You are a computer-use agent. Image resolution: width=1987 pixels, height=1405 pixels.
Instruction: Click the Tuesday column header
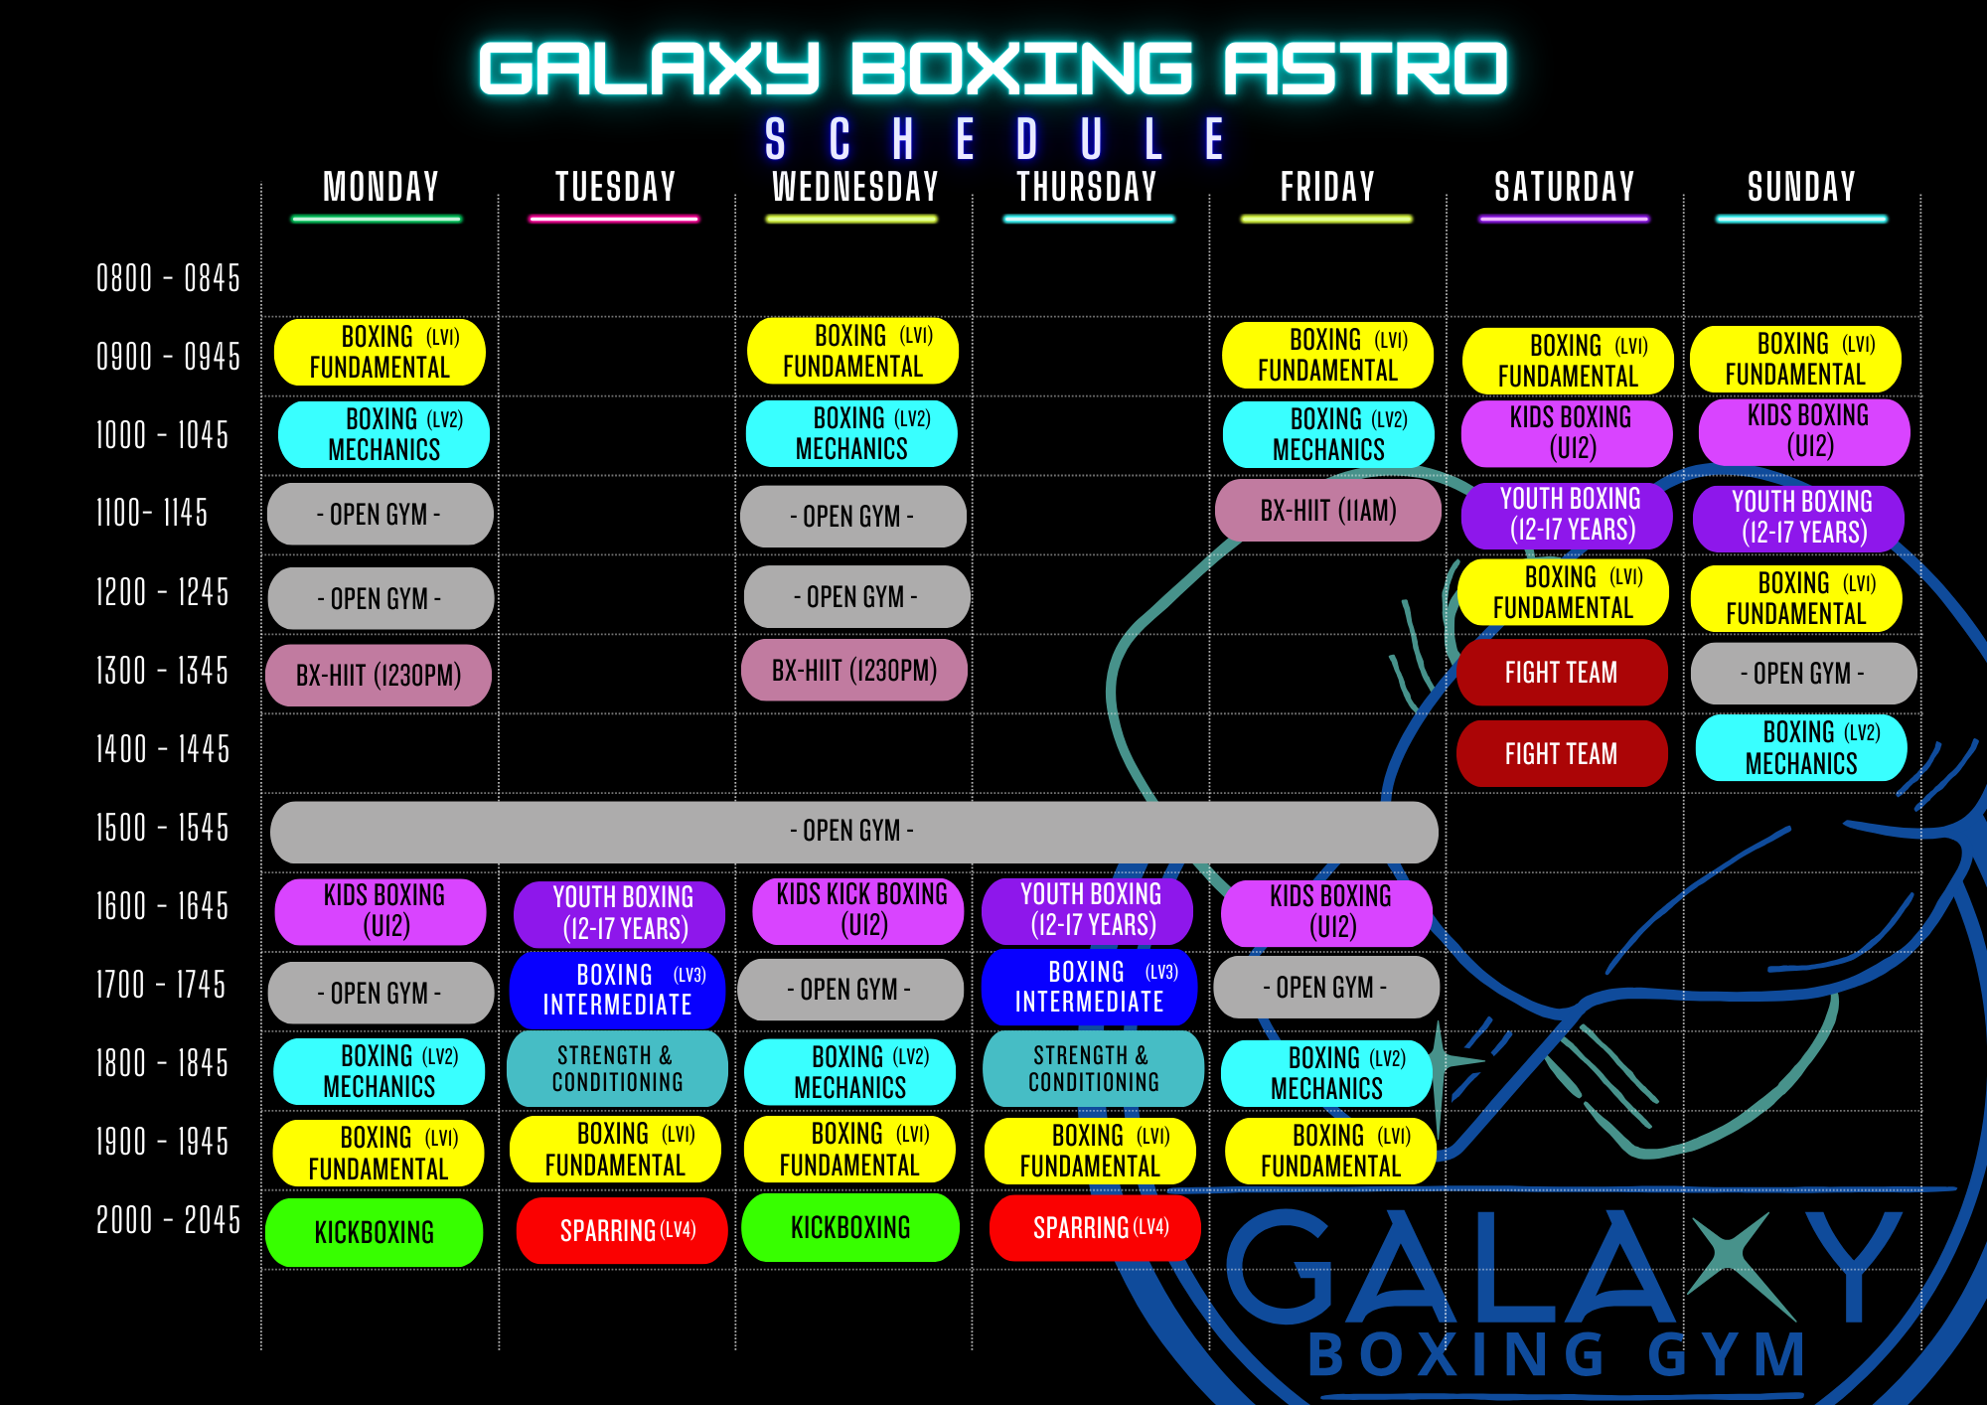point(615,187)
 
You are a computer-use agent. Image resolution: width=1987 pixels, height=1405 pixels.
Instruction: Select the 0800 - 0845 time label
point(168,278)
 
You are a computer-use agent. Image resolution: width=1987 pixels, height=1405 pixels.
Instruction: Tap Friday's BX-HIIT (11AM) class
point(1328,511)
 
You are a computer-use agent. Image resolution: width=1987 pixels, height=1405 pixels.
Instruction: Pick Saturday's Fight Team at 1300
point(1561,673)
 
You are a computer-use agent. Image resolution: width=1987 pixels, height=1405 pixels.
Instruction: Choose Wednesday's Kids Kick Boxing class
point(860,910)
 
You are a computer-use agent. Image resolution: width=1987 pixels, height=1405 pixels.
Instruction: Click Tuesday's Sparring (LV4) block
point(623,1230)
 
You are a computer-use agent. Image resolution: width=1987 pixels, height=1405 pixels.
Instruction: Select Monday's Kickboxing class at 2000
point(375,1232)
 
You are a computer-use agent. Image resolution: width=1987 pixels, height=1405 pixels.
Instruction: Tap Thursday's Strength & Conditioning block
point(1093,1069)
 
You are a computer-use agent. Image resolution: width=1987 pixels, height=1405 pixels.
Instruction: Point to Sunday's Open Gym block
point(1802,674)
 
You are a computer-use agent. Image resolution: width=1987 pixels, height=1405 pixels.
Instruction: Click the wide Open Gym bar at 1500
point(852,831)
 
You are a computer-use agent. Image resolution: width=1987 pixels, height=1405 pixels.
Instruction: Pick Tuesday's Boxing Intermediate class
point(617,990)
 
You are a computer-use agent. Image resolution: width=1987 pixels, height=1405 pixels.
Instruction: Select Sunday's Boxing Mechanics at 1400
point(1801,748)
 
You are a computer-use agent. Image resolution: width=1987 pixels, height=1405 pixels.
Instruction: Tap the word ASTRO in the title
point(1364,70)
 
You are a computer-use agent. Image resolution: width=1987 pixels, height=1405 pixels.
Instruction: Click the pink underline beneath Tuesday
point(614,219)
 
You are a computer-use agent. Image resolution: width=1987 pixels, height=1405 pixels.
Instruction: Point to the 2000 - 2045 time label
point(168,1219)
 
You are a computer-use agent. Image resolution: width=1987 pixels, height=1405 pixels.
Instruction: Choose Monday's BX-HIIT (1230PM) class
point(379,676)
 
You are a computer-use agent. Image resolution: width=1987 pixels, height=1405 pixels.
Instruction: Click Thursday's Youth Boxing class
point(1089,910)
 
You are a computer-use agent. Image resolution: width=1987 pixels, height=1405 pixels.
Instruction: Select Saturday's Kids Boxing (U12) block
point(1568,433)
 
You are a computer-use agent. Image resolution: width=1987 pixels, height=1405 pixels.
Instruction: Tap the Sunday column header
point(1801,187)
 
